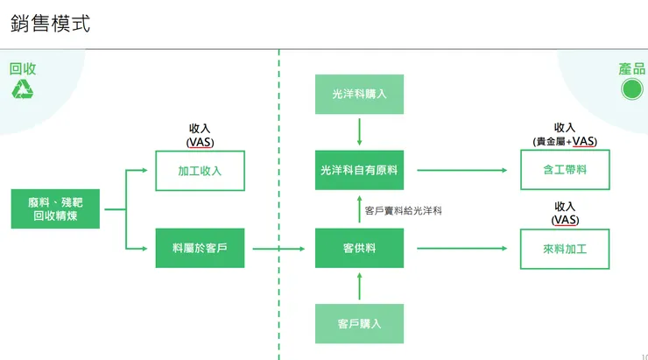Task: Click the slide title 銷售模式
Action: [x=50, y=24]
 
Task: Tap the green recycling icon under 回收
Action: [x=22, y=88]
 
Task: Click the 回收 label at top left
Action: [x=22, y=69]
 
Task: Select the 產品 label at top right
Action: [x=631, y=69]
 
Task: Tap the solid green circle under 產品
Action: [x=631, y=88]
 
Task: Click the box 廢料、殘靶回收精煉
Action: [x=55, y=208]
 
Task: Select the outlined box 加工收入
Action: [x=200, y=171]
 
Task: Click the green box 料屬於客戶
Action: [x=200, y=249]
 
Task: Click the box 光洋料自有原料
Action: [x=359, y=171]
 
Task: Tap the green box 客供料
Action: [x=359, y=249]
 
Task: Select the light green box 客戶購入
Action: [x=359, y=323]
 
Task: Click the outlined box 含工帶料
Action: [x=565, y=171]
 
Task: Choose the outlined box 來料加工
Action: [x=565, y=249]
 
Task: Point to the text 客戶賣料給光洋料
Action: [x=404, y=211]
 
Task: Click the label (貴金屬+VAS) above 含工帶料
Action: [x=565, y=141]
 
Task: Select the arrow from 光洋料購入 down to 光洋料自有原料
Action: [x=359, y=131]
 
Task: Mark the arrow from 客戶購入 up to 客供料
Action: [x=359, y=286]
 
